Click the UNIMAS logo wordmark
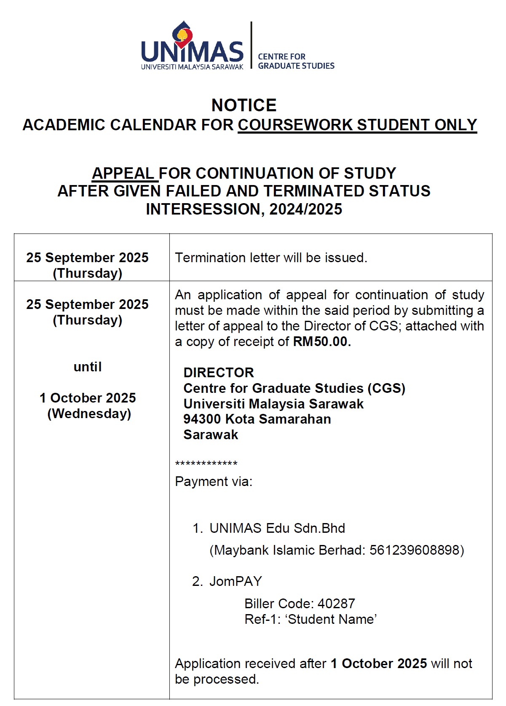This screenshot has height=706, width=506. tap(192, 52)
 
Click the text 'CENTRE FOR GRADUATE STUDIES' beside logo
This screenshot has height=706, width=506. tap(296, 61)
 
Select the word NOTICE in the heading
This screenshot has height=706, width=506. tap(244, 105)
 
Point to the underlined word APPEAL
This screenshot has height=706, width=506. tap(123, 174)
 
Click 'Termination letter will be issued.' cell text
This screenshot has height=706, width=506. tap(271, 258)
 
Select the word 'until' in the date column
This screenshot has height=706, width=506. tap(88, 367)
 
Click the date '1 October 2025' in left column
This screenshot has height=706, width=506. tap(88, 398)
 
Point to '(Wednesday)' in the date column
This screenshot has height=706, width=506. tap(89, 413)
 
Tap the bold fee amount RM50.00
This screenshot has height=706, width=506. tap(322, 341)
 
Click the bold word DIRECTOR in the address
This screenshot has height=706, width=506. tap(219, 373)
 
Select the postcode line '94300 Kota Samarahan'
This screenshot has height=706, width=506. tap(257, 419)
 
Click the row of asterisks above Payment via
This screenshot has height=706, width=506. tap(206, 464)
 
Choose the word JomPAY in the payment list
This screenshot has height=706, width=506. tap(236, 582)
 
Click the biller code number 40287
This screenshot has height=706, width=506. tap(336, 604)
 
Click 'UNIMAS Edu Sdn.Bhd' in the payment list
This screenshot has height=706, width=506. tap(277, 528)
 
